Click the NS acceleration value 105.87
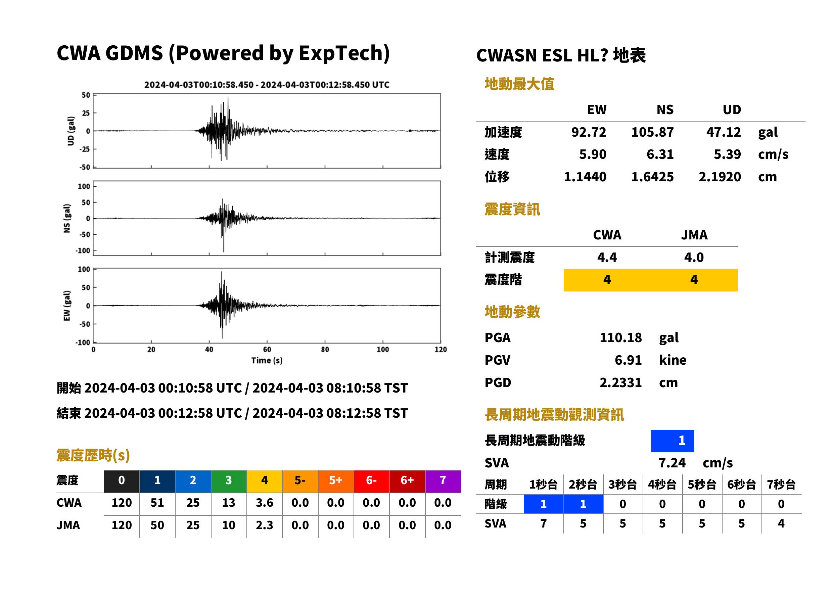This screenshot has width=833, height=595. [652, 132]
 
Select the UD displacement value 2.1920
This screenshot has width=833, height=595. [720, 177]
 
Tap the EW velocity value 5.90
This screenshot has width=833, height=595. [592, 154]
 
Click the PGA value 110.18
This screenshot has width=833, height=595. [620, 337]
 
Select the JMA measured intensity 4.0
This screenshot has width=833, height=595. [694, 258]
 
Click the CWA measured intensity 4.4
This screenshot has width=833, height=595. [607, 258]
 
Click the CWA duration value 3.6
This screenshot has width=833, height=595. [265, 503]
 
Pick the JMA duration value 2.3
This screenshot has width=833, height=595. [265, 525]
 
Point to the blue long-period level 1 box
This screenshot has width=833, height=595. [672, 441]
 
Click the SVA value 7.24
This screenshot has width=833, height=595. [672, 463]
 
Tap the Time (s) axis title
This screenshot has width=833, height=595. [267, 361]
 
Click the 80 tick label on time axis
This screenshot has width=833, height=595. [325, 350]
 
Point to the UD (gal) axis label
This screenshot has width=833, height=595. [71, 131]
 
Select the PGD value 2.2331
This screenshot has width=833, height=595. [620, 383]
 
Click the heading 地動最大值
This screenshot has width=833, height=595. [519, 84]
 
